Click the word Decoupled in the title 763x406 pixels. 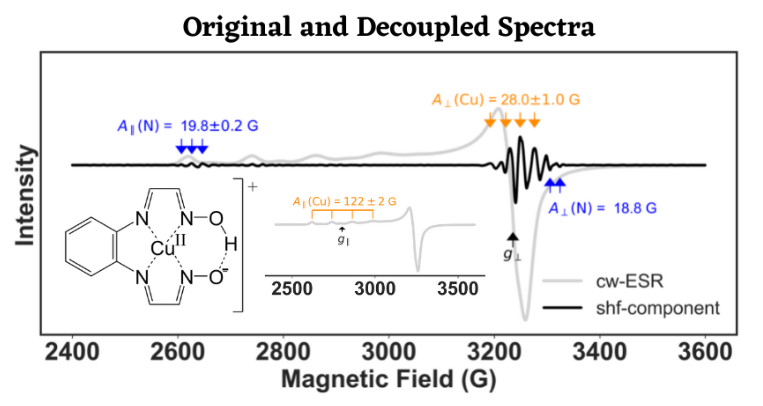pos(423,27)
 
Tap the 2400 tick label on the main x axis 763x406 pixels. pos(72,352)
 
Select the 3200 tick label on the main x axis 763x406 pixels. pos(494,352)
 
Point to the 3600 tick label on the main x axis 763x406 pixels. pos(705,352)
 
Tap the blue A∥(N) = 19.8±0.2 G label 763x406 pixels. pos(188,126)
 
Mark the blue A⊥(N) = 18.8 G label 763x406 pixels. pos(602,208)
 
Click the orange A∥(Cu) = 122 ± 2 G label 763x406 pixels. pos(345,202)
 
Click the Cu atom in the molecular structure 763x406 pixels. pos(162,248)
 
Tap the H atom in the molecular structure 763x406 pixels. pos(231,245)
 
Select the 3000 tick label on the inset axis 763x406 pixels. pos(375,288)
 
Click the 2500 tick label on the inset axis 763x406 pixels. pos(292,288)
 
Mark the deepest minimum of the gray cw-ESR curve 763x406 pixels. pos(525,319)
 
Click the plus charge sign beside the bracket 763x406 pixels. pos(253,187)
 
